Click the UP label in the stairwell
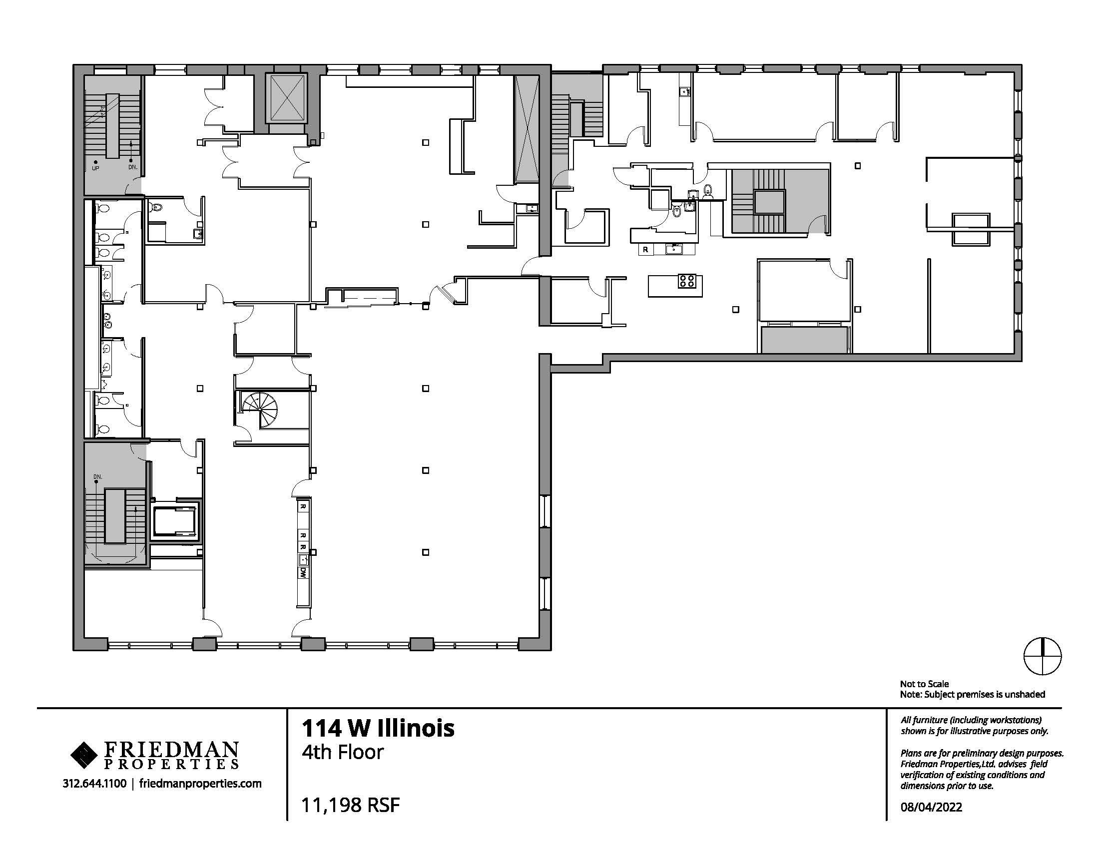click(x=95, y=168)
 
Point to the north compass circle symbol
click(x=1043, y=656)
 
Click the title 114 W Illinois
click(x=378, y=728)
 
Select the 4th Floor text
click(x=342, y=752)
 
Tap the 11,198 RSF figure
click(x=350, y=805)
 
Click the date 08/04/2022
click(x=931, y=807)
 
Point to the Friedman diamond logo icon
click(x=85, y=756)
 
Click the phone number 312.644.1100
click(x=94, y=783)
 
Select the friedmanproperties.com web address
click(x=200, y=784)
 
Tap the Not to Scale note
click(x=924, y=684)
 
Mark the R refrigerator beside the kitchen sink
click(x=645, y=250)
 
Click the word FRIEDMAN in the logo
click(x=171, y=750)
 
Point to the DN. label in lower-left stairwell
click(x=97, y=476)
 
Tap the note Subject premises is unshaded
click(x=973, y=695)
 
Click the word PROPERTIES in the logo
click(x=171, y=765)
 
